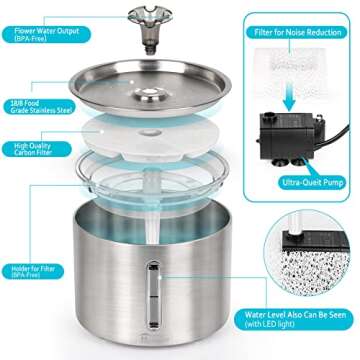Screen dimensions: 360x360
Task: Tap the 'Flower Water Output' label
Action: coord(41,31)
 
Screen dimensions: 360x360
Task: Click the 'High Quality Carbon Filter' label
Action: coord(30,150)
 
